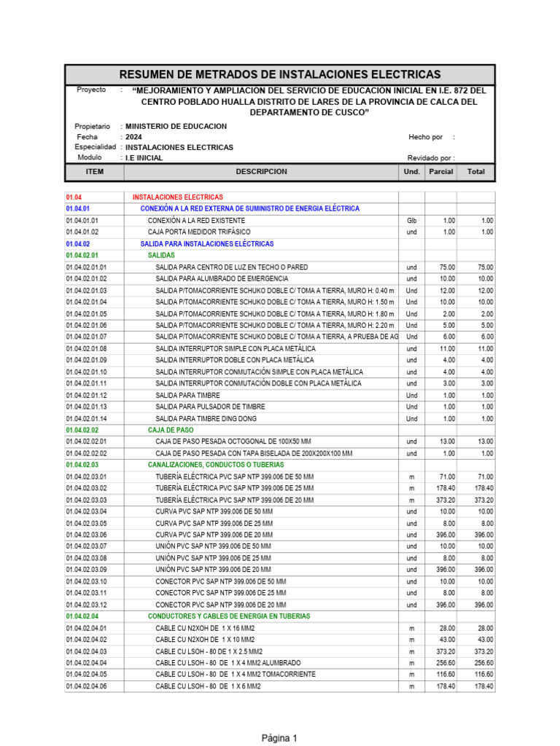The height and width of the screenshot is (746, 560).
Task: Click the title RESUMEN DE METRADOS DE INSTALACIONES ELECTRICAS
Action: [280, 74]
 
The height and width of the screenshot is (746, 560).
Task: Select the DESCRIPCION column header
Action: [261, 172]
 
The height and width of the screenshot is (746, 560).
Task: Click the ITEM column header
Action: [95, 172]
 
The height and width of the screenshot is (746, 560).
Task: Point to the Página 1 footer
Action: [280, 738]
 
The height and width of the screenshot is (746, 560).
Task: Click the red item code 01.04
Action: [75, 197]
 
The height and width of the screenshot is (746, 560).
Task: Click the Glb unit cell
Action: [411, 221]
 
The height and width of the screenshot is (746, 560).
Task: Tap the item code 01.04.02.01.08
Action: [86, 349]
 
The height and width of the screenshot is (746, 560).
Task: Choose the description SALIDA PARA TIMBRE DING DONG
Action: [206, 419]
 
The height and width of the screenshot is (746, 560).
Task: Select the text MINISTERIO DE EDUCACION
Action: [176, 127]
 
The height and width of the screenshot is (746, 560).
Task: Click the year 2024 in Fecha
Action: [134, 137]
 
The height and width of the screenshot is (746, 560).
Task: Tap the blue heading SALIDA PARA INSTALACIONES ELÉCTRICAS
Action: [207, 244]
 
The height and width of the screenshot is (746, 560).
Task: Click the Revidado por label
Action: [430, 158]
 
